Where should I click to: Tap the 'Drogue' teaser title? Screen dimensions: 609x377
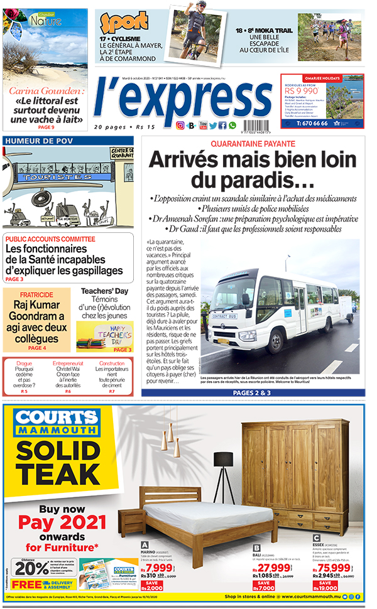pyautogui.click(x=24, y=364)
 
